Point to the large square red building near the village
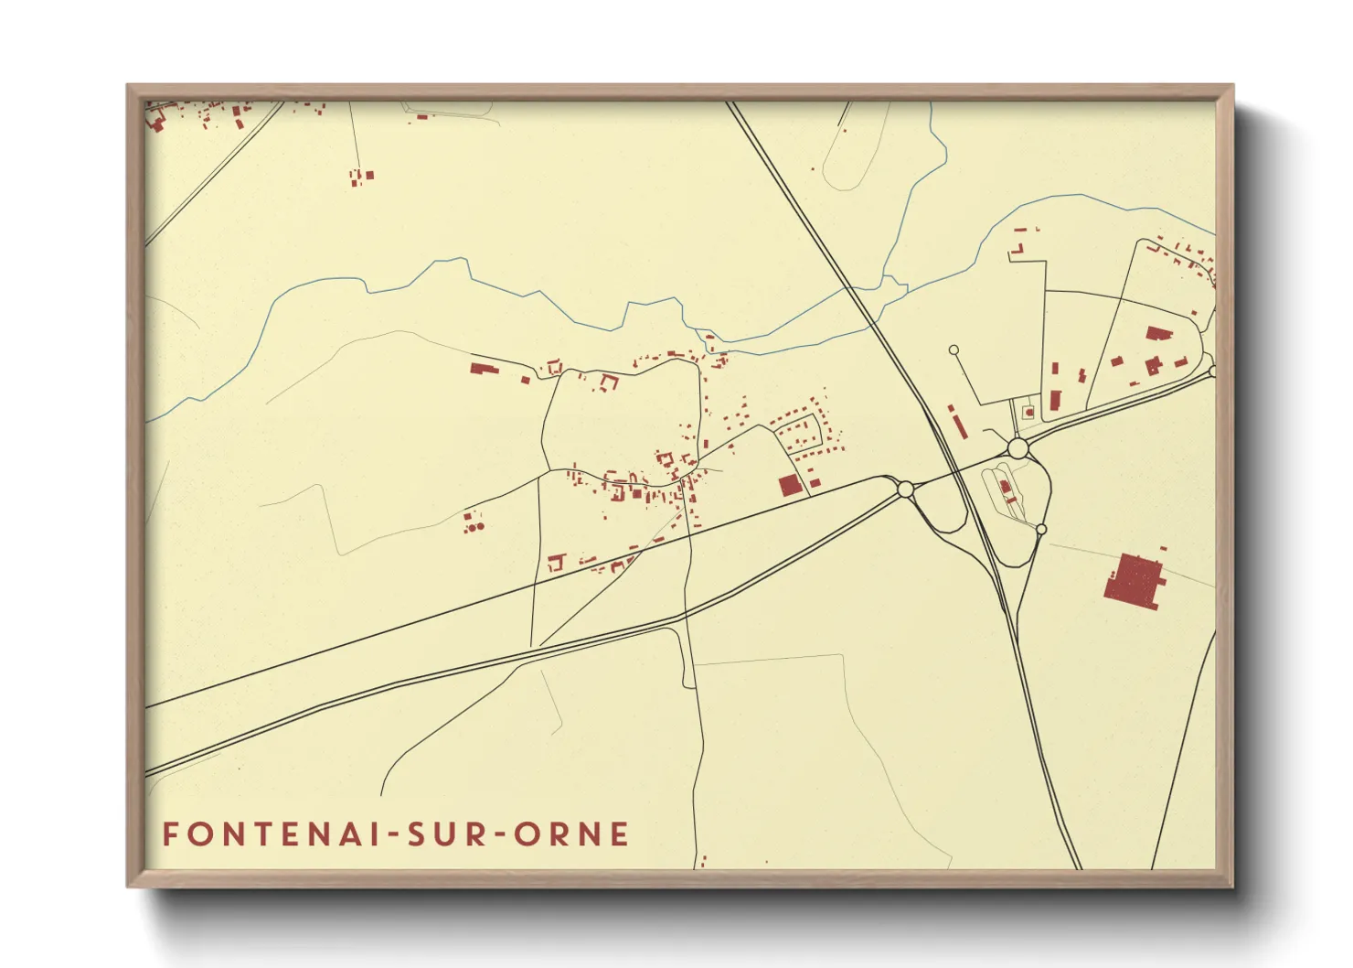tap(789, 485)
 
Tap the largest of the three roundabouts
tap(1017, 447)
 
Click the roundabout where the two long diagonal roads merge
tap(905, 489)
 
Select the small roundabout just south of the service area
tap(1040, 530)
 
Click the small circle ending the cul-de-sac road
tap(953, 350)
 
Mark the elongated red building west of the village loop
tap(482, 369)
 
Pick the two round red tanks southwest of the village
tap(474, 526)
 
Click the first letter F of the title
tap(169, 834)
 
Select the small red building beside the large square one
tap(814, 482)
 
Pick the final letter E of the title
tap(621, 834)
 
